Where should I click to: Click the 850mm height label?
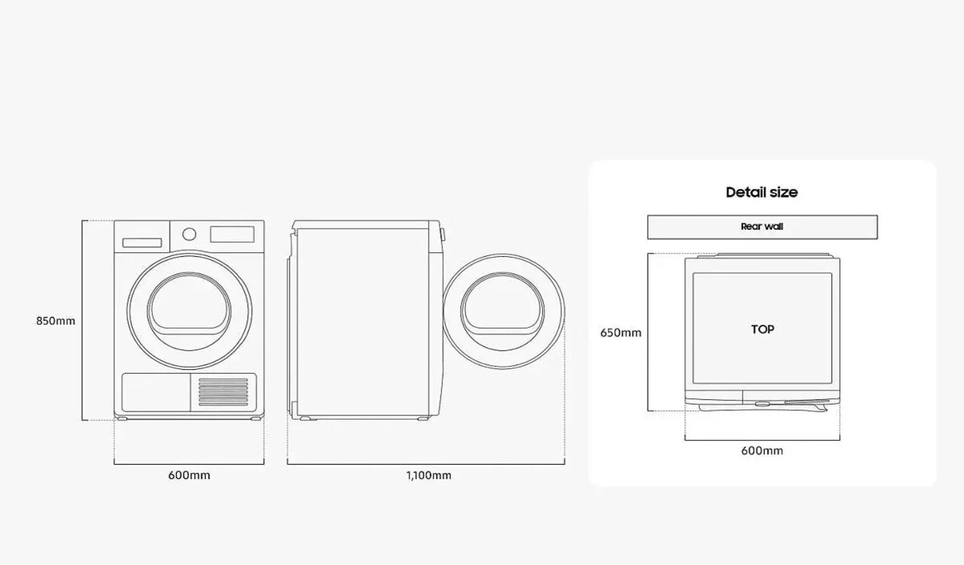[x=55, y=321]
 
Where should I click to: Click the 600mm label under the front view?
[x=189, y=475]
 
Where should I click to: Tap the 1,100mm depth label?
[x=429, y=475]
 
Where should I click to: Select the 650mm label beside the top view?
[x=620, y=333]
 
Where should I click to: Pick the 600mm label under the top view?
[x=762, y=451]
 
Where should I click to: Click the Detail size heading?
[x=762, y=192]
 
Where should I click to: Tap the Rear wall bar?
[x=762, y=227]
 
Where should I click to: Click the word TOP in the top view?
[x=762, y=329]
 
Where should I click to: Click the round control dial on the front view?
[x=189, y=234]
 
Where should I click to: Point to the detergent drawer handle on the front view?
[x=142, y=243]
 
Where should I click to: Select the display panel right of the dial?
[x=232, y=234]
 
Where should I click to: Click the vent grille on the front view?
[x=223, y=392]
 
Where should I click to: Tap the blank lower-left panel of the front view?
[x=156, y=392]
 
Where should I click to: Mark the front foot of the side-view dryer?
[x=423, y=419]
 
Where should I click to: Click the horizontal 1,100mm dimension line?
[x=425, y=464]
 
